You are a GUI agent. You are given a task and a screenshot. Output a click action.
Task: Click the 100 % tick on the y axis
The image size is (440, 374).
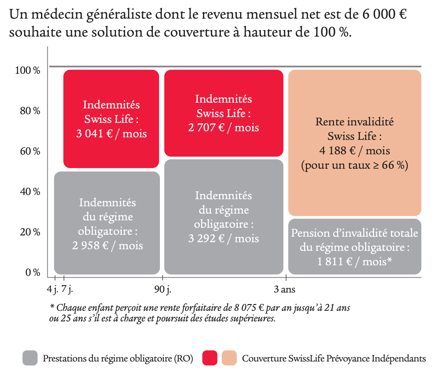tap(28, 70)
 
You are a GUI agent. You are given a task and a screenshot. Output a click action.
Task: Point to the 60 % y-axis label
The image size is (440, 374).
tap(30, 151)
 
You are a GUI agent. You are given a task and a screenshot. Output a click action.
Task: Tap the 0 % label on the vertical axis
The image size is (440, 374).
tap(33, 272)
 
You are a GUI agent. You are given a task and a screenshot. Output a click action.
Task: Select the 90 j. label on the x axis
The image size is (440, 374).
tap(162, 289)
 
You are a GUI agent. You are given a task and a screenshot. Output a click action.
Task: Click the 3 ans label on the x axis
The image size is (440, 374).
tap(284, 289)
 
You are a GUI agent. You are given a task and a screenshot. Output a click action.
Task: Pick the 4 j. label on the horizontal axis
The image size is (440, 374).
tap(53, 289)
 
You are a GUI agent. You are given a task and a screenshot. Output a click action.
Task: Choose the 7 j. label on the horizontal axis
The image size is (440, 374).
tap(67, 289)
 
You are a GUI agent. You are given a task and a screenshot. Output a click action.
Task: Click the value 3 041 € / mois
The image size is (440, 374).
tap(111, 133)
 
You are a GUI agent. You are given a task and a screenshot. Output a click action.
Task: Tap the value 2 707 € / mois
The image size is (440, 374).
tap(223, 128)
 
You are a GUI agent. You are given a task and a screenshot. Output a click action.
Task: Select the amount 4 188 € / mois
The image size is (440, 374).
tap(354, 150)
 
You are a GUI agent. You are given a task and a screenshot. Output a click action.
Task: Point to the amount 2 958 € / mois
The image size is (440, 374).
tap(107, 245)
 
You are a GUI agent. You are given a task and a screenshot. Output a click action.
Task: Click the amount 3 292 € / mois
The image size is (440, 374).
tap(223, 238)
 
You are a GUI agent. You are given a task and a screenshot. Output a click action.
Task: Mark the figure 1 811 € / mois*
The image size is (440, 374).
tap(354, 261)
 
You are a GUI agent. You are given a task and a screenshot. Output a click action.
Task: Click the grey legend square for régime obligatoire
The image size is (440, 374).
tap(30, 358)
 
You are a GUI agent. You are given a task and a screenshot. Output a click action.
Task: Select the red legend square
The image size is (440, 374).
tap(210, 358)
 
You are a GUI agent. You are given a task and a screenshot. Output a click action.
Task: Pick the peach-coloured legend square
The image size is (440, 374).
tap(229, 358)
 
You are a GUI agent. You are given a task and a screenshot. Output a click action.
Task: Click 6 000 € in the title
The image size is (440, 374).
tap(384, 14)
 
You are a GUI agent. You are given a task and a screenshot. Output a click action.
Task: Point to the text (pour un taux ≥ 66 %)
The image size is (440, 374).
tap(354, 165)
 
